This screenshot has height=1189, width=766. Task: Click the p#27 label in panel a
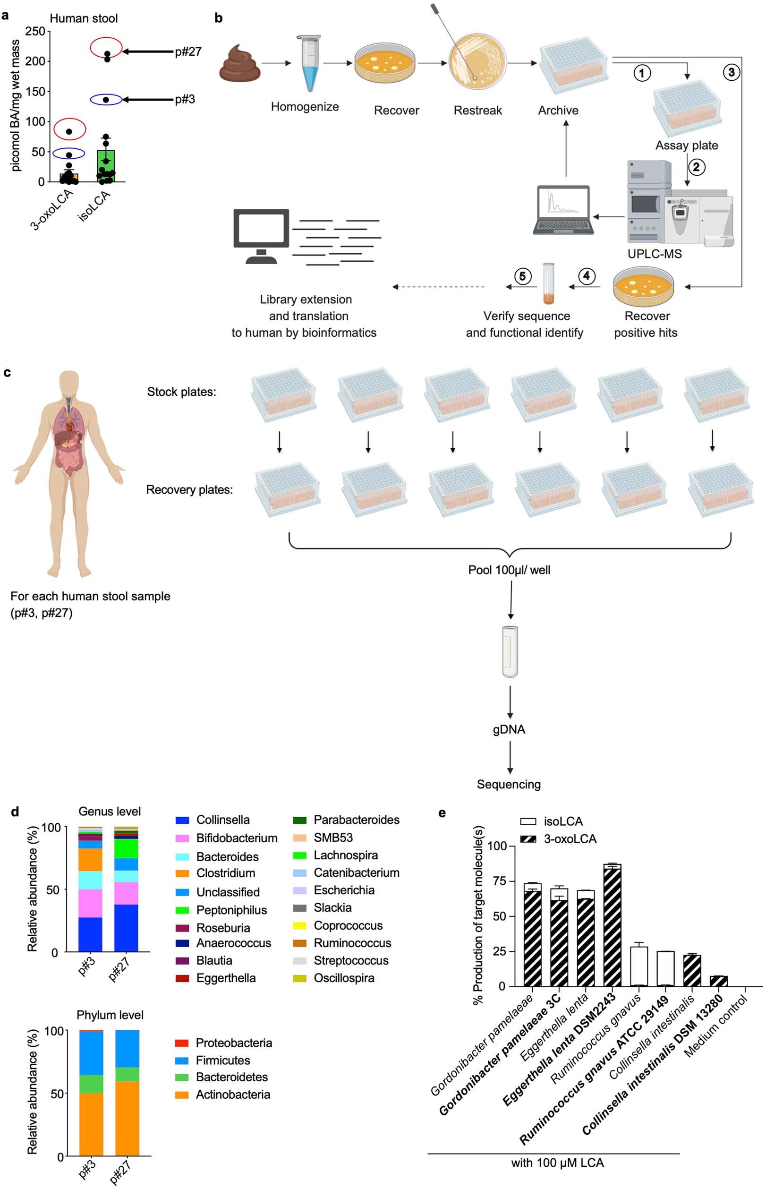pyautogui.click(x=188, y=52)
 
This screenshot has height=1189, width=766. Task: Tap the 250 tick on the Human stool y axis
pyautogui.click(x=35, y=31)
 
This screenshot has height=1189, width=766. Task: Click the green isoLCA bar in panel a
pyautogui.click(x=106, y=166)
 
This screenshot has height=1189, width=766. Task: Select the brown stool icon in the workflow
pyautogui.click(x=240, y=64)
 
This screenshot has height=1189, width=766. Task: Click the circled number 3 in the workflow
pyautogui.click(x=731, y=73)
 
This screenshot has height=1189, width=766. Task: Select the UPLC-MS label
pyautogui.click(x=654, y=254)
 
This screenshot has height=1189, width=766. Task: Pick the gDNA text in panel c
pyautogui.click(x=509, y=729)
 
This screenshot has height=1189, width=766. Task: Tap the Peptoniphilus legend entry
pyautogui.click(x=231, y=910)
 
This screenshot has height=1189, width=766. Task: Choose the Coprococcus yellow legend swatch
pyautogui.click(x=299, y=926)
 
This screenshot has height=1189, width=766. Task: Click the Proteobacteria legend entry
pyautogui.click(x=233, y=1043)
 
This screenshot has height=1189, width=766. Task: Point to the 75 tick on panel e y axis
pyautogui.click(x=499, y=881)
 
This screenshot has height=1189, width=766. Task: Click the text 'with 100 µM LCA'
pyautogui.click(x=557, y=1163)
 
